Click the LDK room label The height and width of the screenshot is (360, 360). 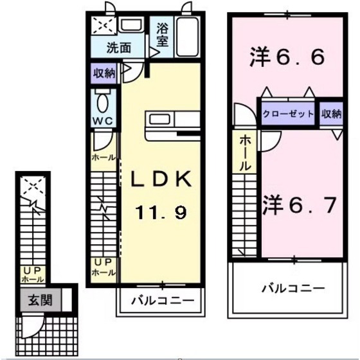click(x=161, y=181)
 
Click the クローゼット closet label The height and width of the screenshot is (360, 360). click(x=288, y=114)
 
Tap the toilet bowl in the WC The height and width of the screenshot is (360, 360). click(x=103, y=102)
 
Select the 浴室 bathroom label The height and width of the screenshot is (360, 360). click(x=161, y=35)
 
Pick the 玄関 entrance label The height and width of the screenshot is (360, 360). click(x=35, y=300)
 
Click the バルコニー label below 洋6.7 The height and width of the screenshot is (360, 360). click(x=292, y=288)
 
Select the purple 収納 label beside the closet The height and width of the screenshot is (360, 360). click(x=331, y=114)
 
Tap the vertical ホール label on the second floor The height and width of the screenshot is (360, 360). click(x=245, y=152)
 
